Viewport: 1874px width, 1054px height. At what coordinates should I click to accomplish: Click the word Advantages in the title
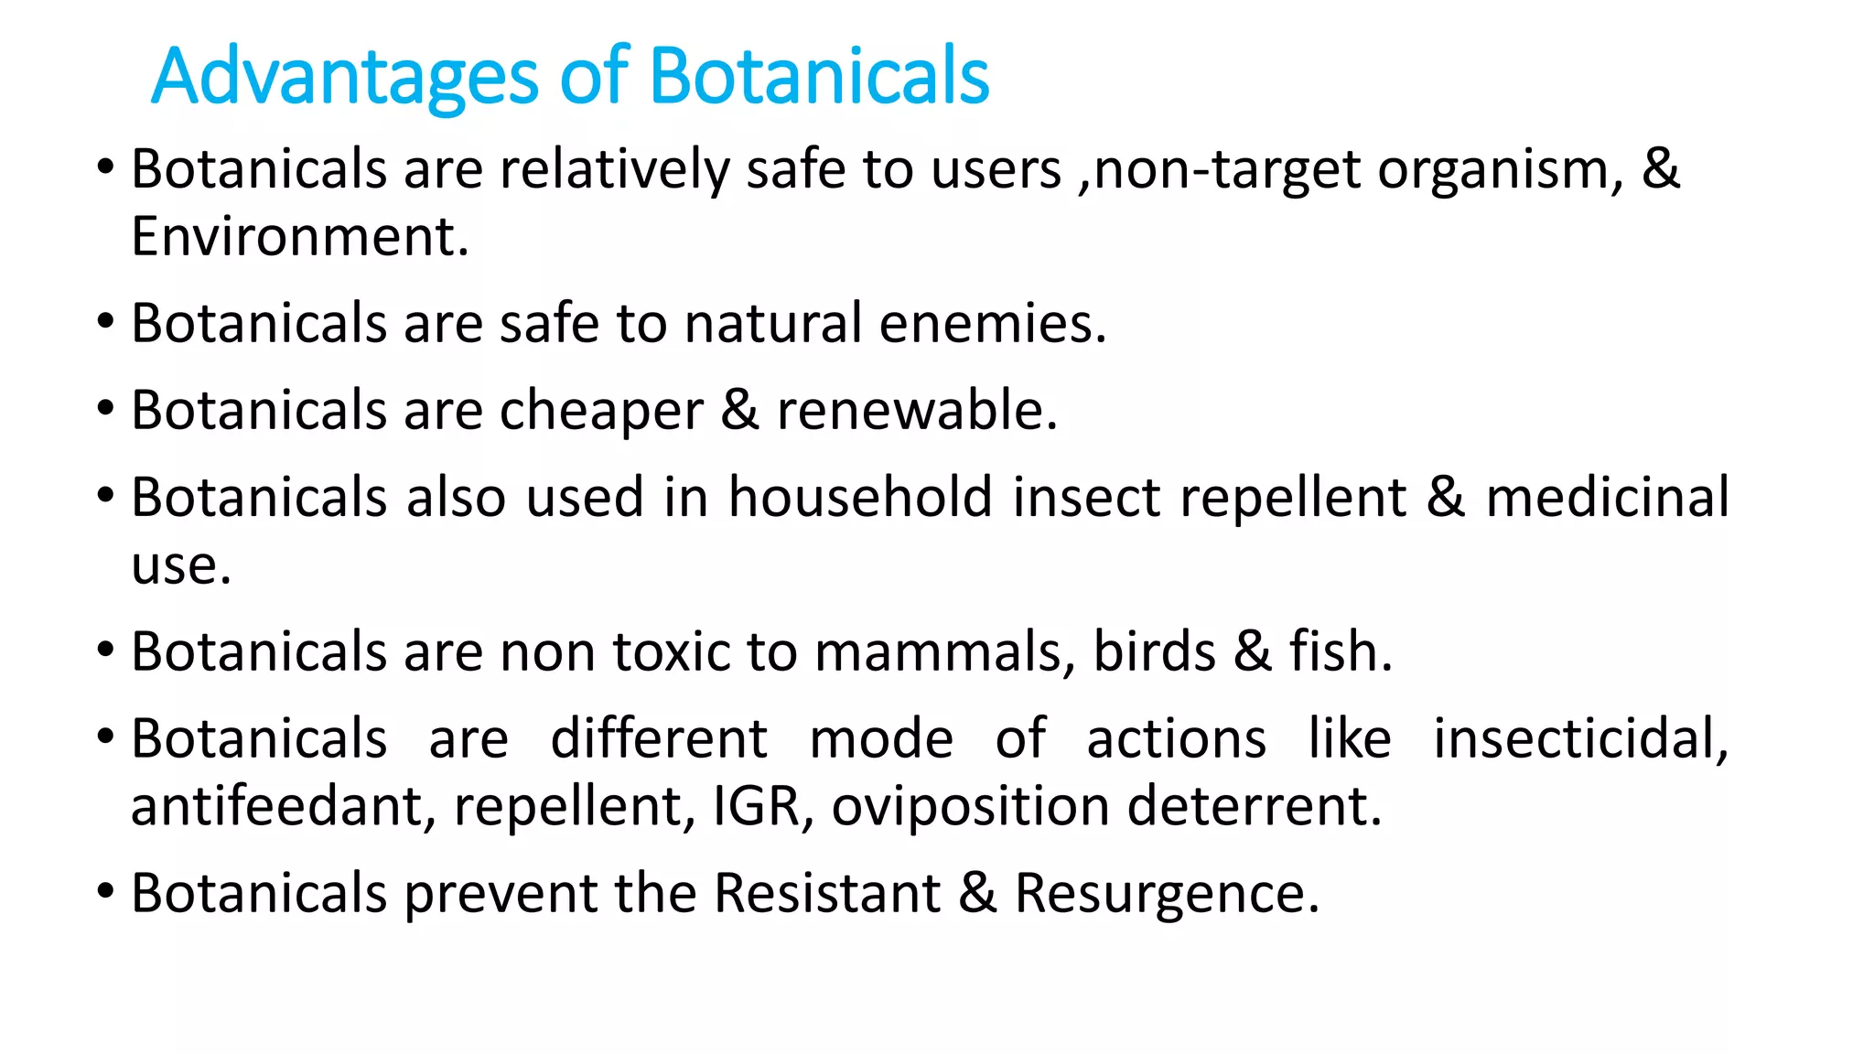tap(346, 77)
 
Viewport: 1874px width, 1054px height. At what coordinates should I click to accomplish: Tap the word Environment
tap(298, 237)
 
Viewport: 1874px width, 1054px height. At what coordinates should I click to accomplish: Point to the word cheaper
tap(601, 411)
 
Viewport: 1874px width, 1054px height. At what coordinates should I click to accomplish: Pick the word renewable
tap(916, 411)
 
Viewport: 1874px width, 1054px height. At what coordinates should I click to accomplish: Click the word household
tap(860, 498)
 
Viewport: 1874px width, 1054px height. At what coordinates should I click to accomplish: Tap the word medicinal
tap(1607, 498)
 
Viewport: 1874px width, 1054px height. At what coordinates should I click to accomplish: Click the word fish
tap(1340, 652)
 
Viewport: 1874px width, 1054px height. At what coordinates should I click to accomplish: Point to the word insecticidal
tap(1580, 739)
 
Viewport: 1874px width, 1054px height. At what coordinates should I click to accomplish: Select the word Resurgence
tap(1166, 894)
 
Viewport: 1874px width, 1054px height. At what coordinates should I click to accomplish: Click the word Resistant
tap(827, 894)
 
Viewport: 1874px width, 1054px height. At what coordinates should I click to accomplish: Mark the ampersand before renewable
tap(739, 411)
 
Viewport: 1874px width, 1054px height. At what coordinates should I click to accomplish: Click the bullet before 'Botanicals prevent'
tap(106, 890)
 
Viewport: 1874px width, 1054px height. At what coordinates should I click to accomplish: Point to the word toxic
tap(672, 652)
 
